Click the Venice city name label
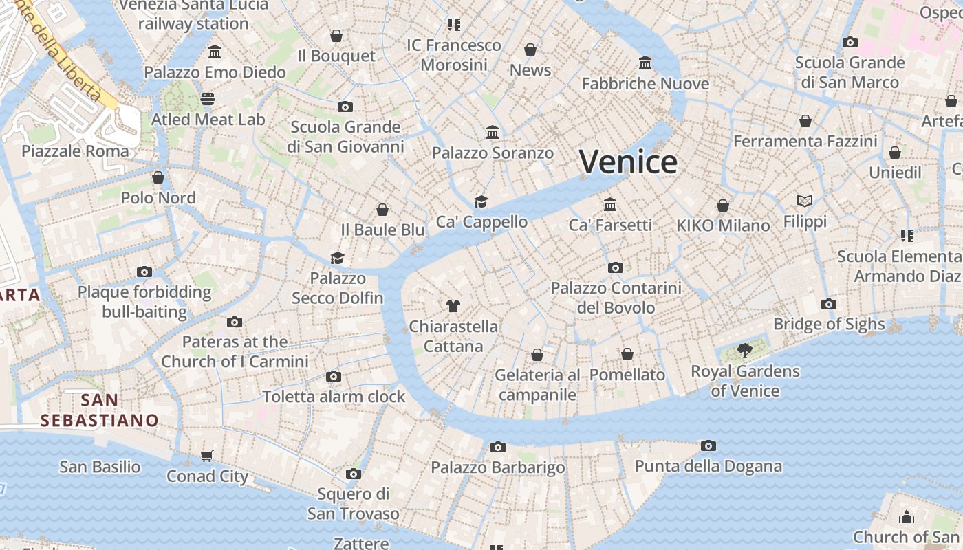(628, 162)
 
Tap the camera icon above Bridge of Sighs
(829, 304)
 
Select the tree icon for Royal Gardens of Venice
(744, 351)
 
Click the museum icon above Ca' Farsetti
(610, 204)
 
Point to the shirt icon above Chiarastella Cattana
(453, 305)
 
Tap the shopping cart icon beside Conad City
(207, 456)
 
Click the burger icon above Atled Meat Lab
(208, 99)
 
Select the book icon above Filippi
(805, 201)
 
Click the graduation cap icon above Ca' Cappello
(481, 201)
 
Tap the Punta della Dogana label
(708, 466)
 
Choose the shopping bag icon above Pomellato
(627, 354)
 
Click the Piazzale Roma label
(75, 151)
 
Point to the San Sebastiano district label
(100, 410)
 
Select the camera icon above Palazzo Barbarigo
(497, 448)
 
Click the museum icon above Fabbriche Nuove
(645, 63)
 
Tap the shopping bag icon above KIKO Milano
(723, 206)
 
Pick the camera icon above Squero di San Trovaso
(354, 474)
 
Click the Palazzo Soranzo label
(493, 153)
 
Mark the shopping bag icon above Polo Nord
(158, 177)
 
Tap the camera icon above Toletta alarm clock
(334, 376)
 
